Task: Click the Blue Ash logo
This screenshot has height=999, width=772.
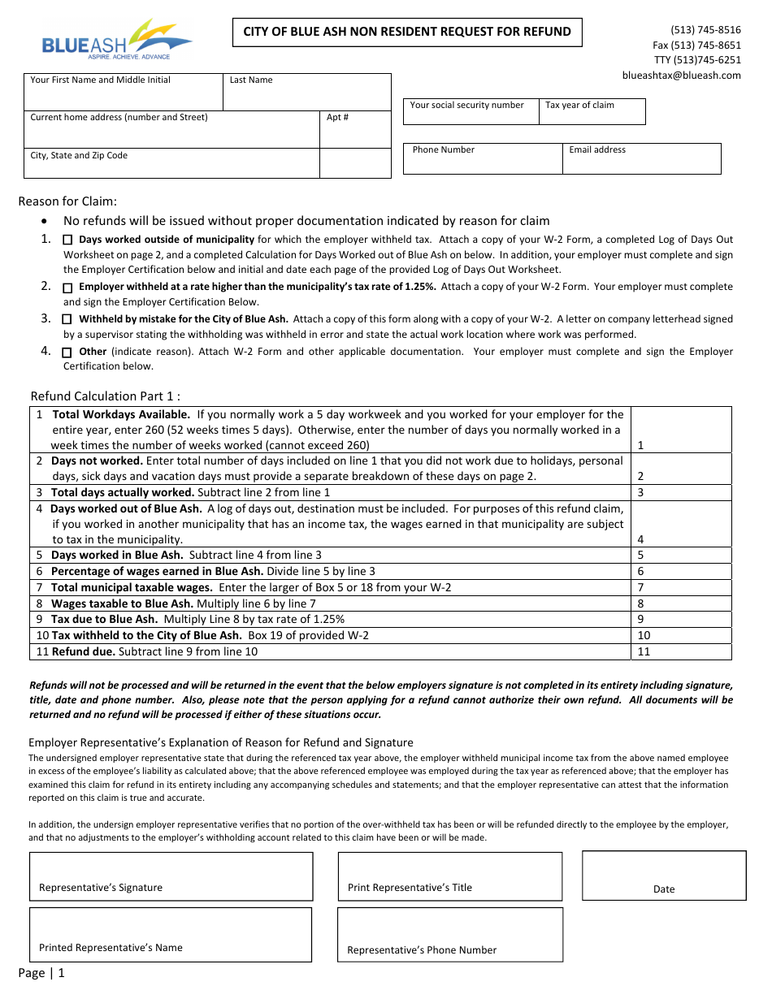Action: (x=116, y=41)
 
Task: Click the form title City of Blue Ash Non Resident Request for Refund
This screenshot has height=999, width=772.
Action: (x=407, y=32)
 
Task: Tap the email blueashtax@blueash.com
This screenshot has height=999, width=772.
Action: (x=681, y=76)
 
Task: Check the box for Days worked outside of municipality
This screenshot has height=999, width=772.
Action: (x=67, y=240)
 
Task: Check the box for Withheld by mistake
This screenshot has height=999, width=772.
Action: (x=67, y=320)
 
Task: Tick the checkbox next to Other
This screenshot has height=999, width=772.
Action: (x=67, y=352)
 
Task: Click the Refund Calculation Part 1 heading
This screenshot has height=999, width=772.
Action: (x=106, y=396)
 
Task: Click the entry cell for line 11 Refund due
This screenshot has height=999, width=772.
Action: (x=681, y=651)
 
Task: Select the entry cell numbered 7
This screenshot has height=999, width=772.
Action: (x=681, y=587)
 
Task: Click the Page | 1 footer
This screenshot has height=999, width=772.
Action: (x=41, y=973)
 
